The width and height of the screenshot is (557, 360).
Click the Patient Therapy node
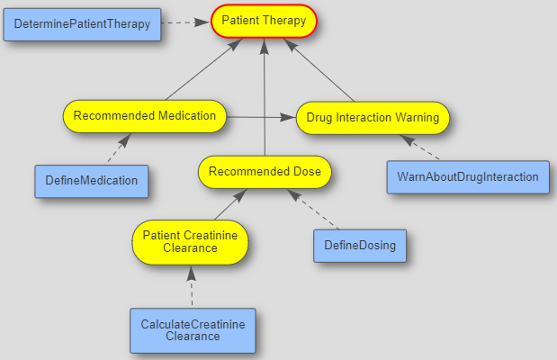pyautogui.click(x=264, y=21)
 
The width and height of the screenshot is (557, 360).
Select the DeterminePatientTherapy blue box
pyautogui.click(x=82, y=24)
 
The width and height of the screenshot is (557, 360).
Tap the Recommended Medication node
pyautogui.click(x=144, y=116)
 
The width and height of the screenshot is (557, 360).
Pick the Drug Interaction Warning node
pyautogui.click(x=373, y=118)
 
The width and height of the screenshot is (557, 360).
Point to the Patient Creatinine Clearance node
pyautogui.click(x=191, y=242)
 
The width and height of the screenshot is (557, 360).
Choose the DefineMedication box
pyautogui.click(x=91, y=180)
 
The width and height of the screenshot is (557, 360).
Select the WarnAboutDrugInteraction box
pyautogui.click(x=467, y=176)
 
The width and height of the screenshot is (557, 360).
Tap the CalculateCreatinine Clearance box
pyautogui.click(x=193, y=329)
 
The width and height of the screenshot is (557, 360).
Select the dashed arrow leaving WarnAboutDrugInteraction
pyautogui.click(x=422, y=148)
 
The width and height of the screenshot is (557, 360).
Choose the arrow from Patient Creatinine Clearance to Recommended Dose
pyautogui.click(x=229, y=204)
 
